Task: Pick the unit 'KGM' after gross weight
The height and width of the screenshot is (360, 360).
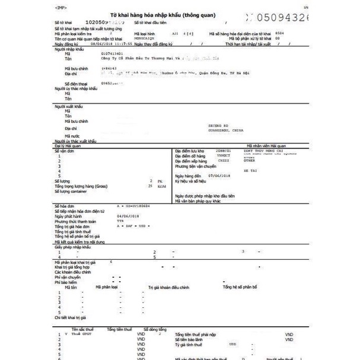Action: (160, 186)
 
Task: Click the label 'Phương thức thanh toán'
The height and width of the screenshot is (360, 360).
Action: (77, 221)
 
